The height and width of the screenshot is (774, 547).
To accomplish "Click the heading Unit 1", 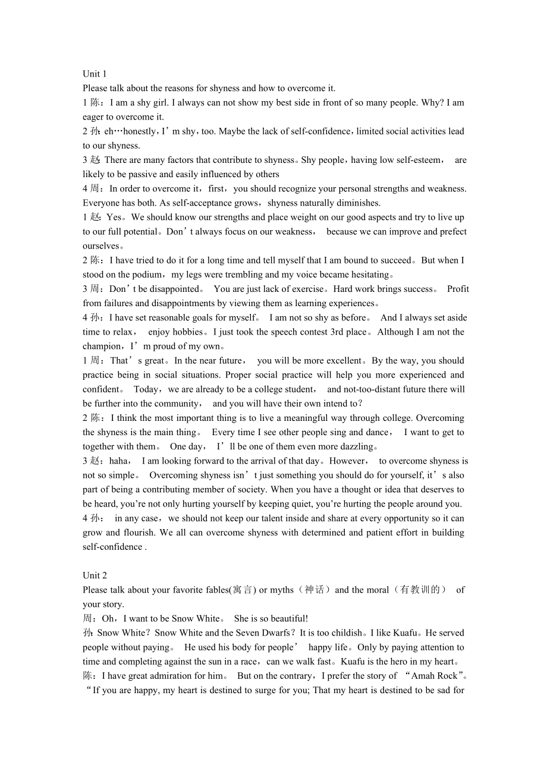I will tap(95, 74).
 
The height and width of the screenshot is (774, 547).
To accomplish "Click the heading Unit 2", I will tap(95, 575).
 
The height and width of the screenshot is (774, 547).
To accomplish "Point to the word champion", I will tap(101, 346).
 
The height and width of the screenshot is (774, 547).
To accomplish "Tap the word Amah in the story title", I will tap(423, 676).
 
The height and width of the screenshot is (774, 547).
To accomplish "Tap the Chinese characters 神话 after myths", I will tap(315, 590).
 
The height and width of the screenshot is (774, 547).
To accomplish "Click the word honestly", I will tap(138, 131).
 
